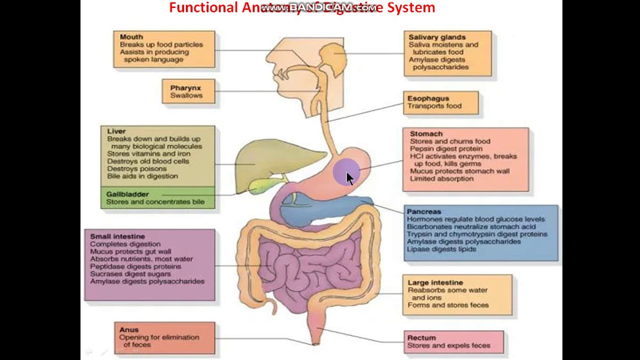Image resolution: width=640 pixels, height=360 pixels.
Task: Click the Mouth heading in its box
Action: (x=131, y=37)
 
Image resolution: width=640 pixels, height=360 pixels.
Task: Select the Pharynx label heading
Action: (x=185, y=88)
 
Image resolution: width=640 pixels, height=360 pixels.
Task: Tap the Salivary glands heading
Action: (x=436, y=37)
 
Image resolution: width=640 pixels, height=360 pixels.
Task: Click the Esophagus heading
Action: (x=428, y=98)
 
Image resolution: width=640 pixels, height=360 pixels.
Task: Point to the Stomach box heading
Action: (x=426, y=134)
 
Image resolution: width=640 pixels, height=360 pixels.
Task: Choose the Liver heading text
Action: (x=116, y=131)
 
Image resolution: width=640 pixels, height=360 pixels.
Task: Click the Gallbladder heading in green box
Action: (x=127, y=194)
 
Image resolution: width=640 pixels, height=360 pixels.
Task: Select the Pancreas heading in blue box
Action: (x=423, y=211)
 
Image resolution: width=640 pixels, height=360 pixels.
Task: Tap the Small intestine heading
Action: (x=117, y=236)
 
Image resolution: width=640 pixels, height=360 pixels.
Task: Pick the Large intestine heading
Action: (x=435, y=282)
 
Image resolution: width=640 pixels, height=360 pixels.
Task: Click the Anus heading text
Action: (x=129, y=330)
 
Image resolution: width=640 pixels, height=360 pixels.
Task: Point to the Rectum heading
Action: (x=421, y=338)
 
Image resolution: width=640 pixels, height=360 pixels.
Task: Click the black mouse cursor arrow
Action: (x=349, y=178)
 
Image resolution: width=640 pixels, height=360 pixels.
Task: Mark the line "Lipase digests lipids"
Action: (x=441, y=249)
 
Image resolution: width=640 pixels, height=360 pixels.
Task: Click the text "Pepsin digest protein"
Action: (x=446, y=148)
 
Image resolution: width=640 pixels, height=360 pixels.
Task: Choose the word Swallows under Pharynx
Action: (x=186, y=95)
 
